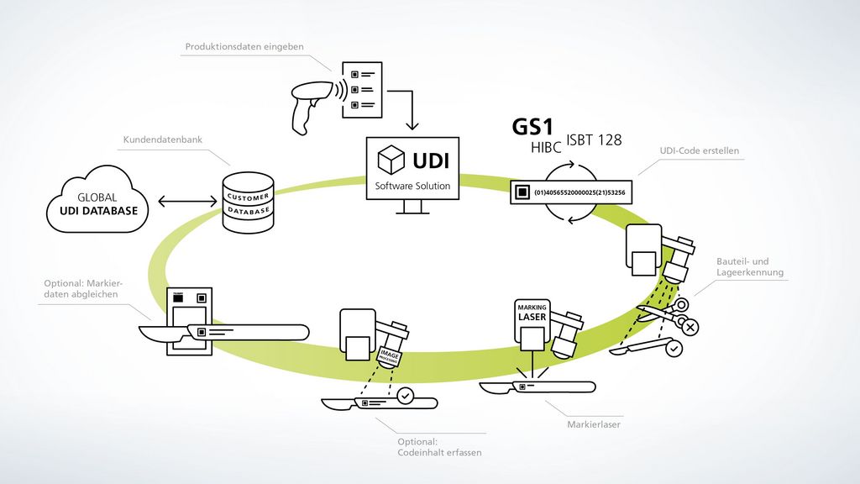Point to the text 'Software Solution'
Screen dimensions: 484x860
[411, 186]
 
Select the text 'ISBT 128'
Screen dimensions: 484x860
[594, 140]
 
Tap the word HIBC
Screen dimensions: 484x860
[546, 149]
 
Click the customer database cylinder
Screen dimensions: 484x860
[248, 203]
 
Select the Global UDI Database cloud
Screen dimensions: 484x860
[97, 203]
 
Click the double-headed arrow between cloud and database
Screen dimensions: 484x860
[186, 202]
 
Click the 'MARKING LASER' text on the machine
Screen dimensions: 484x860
[532, 312]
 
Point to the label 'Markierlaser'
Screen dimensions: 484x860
[593, 425]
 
